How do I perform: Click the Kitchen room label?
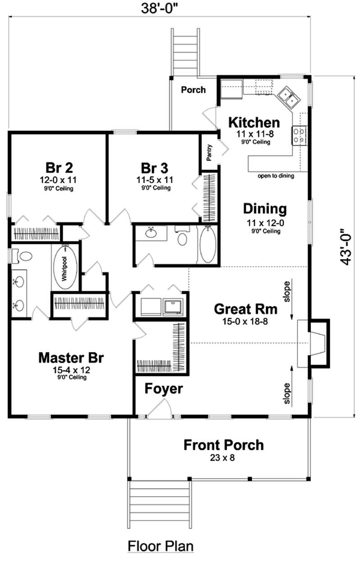click(254, 122)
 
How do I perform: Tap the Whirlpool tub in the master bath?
click(65, 267)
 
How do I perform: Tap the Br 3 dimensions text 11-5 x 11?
click(155, 180)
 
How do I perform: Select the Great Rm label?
click(245, 309)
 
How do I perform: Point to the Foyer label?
click(164, 389)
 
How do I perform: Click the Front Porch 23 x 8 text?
click(223, 458)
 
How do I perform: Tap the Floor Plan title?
click(161, 546)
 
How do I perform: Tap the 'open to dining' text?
click(275, 176)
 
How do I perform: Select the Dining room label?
click(265, 209)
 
